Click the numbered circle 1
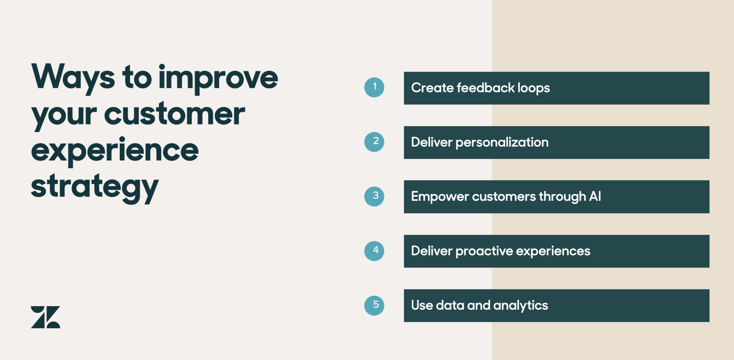pyautogui.click(x=374, y=87)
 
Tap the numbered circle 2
pyautogui.click(x=374, y=142)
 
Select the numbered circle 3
pyautogui.click(x=374, y=196)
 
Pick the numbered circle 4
pyautogui.click(x=374, y=251)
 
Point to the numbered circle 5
pyautogui.click(x=374, y=305)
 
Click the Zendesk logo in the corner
pyautogui.click(x=45, y=317)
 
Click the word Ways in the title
pyautogui.click(x=73, y=77)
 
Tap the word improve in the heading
pyautogui.click(x=218, y=78)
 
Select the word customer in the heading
pyautogui.click(x=174, y=114)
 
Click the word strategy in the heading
pyautogui.click(x=94, y=187)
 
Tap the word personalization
pyautogui.click(x=502, y=143)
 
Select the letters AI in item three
pyautogui.click(x=595, y=196)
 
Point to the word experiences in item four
pyautogui.click(x=553, y=251)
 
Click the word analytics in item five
pyautogui.click(x=520, y=306)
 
